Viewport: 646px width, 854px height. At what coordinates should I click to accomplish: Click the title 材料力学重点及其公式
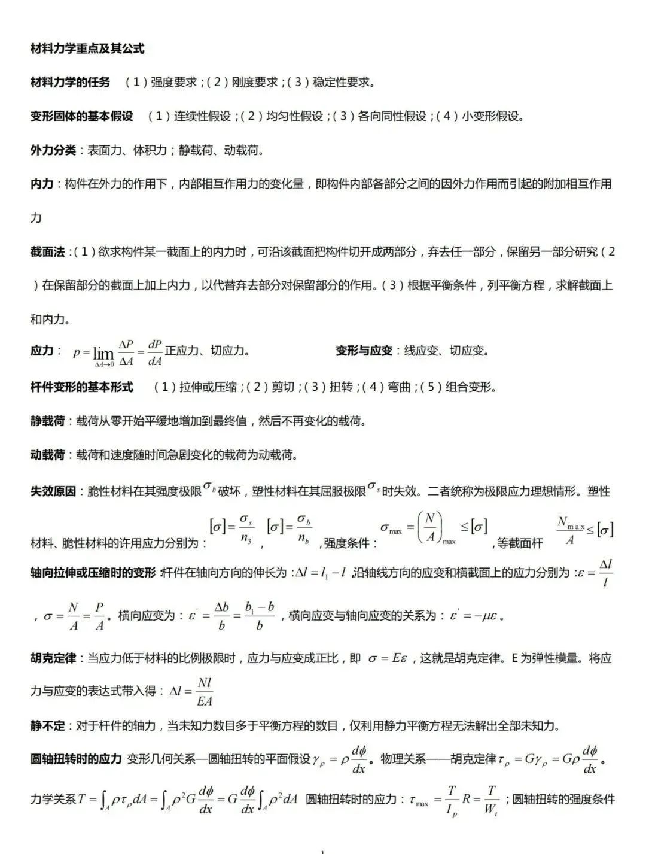[x=87, y=48]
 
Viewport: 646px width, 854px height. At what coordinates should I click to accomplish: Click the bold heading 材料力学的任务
[x=70, y=82]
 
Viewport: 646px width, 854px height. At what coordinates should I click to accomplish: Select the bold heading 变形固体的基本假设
[x=81, y=116]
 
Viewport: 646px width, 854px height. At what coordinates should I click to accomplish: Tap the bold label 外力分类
[x=53, y=150]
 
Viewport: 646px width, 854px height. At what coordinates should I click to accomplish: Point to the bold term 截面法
[x=47, y=252]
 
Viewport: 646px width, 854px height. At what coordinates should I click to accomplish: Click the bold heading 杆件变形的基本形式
[x=81, y=387]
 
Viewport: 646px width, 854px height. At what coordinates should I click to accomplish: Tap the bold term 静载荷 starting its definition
[x=47, y=421]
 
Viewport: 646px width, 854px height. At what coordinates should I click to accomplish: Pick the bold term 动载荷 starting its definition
[x=47, y=455]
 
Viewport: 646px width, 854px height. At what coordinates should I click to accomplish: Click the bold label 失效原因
[x=53, y=491]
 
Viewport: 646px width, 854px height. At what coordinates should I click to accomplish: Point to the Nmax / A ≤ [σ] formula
[x=584, y=529]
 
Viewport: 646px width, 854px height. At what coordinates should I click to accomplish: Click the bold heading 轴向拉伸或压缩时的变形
[x=93, y=572]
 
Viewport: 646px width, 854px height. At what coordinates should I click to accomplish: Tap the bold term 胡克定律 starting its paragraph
[x=53, y=658]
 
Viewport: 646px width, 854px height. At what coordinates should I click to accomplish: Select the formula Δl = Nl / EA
[x=191, y=692]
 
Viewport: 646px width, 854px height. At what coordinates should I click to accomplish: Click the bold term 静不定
[x=47, y=726]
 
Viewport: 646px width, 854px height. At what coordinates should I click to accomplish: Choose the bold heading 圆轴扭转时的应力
[x=76, y=759]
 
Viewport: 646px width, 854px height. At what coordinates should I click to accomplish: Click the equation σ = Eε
[x=388, y=658]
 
